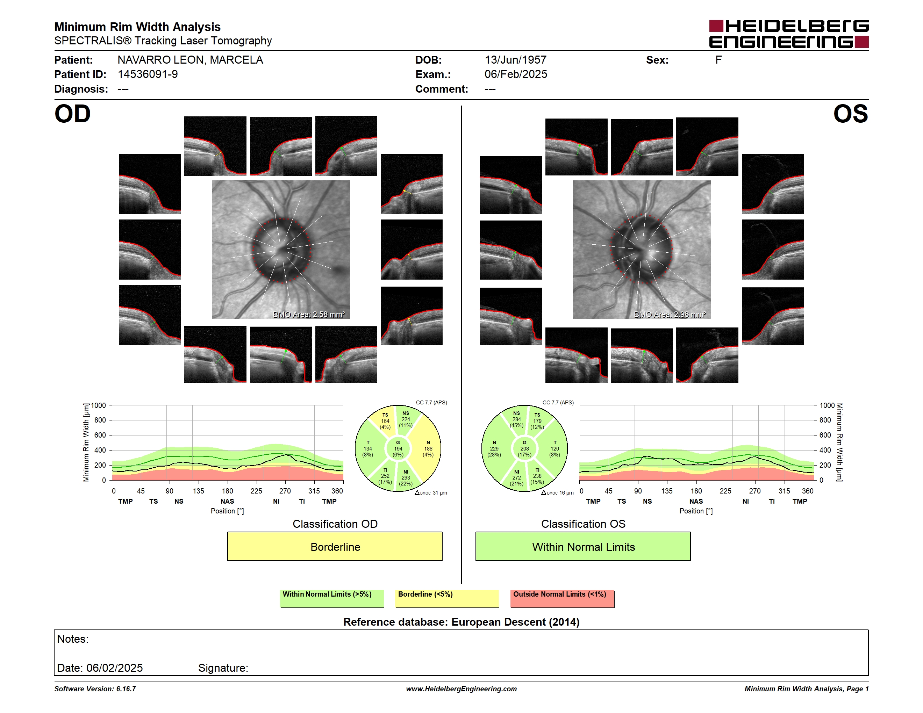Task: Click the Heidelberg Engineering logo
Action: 789,34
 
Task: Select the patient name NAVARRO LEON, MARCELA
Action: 190,60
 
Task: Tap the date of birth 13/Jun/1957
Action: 515,60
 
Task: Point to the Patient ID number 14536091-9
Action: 148,74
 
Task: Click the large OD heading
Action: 72,114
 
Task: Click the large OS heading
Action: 850,114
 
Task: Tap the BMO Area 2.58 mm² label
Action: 309,314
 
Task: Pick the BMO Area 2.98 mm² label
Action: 670,314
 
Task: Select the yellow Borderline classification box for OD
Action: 335,546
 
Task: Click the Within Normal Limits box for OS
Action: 583,546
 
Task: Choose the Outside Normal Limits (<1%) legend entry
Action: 562,598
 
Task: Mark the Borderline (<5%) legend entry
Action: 447,598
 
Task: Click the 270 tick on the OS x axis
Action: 755,491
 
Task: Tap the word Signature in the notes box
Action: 223,668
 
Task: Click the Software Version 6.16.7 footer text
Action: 95,689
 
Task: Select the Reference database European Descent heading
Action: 461,622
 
